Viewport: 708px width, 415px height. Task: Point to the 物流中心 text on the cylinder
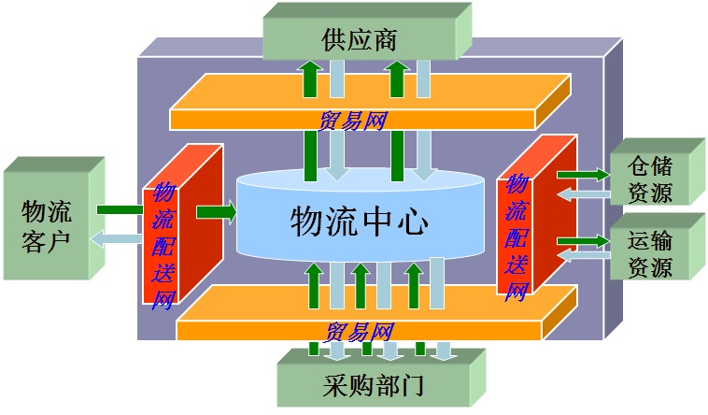[x=360, y=222]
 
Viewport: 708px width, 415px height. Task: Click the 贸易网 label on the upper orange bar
[x=353, y=121]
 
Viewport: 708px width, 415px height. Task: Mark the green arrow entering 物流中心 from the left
[x=216, y=212]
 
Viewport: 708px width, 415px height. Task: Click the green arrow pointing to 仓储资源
[x=581, y=174]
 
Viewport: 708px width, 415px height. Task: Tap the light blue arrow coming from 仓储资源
[x=582, y=193]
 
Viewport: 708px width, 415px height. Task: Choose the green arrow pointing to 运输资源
[x=581, y=241]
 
